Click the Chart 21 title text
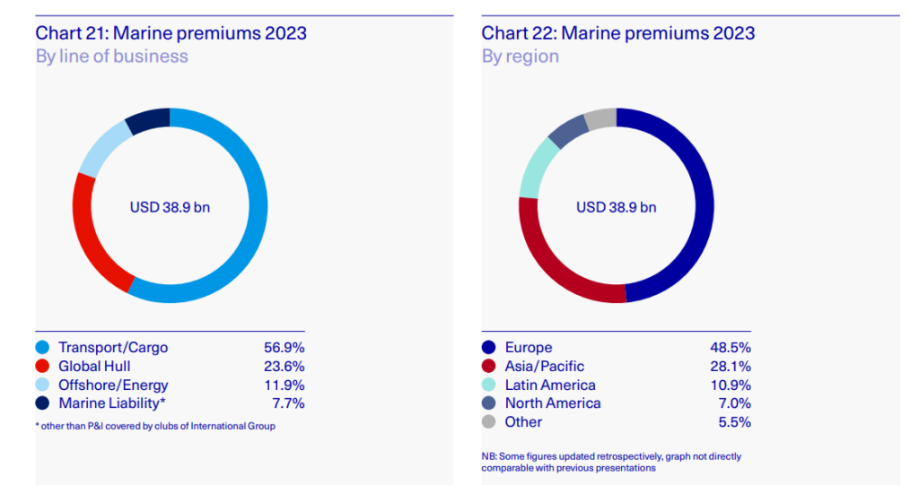click(x=171, y=34)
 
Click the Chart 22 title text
click(x=617, y=34)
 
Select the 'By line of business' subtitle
click(x=111, y=56)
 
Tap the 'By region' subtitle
click(x=520, y=56)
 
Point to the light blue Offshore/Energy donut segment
click(x=101, y=151)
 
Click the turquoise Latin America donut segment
click(x=536, y=167)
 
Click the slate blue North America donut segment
click(x=567, y=131)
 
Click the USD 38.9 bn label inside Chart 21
click(x=171, y=207)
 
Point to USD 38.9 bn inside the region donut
click(x=616, y=207)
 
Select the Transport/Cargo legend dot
click(x=42, y=348)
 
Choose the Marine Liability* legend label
click(x=112, y=403)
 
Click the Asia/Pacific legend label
click(x=544, y=367)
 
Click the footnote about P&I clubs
click(x=155, y=427)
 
